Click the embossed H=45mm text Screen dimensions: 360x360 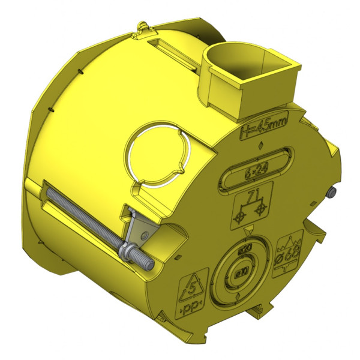pos(264,127)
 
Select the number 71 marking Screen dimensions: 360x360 pos(253,196)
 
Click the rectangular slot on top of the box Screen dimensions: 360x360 pos(170,47)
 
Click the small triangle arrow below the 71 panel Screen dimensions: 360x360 pos(250,230)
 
